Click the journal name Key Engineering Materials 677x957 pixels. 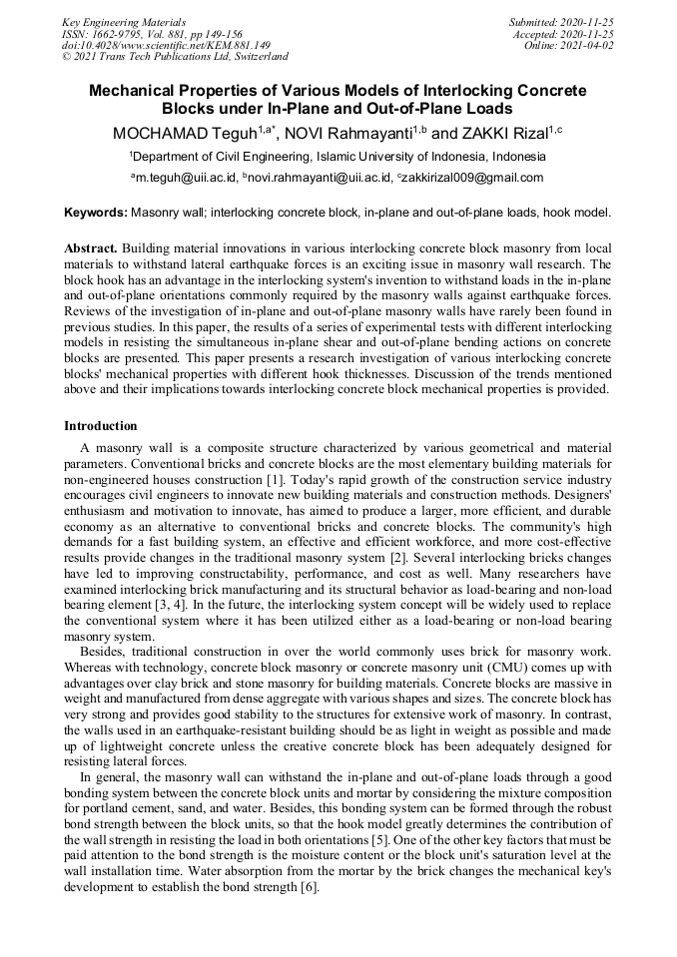pos(124,21)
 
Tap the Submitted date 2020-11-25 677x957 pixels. pos(561,21)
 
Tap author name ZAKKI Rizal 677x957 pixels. pos(505,133)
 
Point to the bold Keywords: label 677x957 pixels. pos(96,213)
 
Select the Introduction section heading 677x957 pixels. pos(101,426)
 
